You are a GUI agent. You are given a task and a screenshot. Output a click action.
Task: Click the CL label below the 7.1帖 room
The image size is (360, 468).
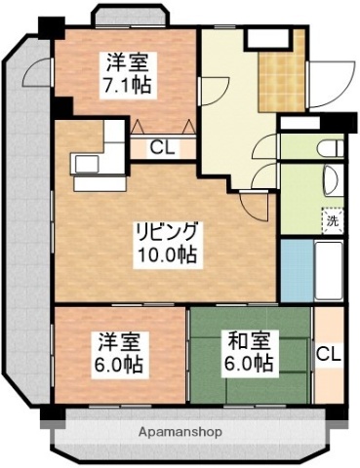pyautogui.click(x=164, y=149)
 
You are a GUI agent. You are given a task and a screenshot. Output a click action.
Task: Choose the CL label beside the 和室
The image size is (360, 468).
pyautogui.click(x=328, y=353)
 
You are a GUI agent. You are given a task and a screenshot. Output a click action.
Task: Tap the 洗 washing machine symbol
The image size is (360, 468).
pyautogui.click(x=333, y=220)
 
